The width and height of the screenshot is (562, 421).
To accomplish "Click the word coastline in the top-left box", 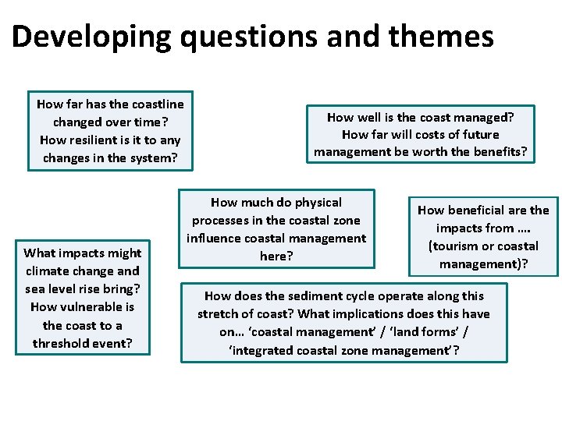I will (x=157, y=104).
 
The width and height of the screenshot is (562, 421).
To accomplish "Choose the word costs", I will (x=418, y=135).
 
